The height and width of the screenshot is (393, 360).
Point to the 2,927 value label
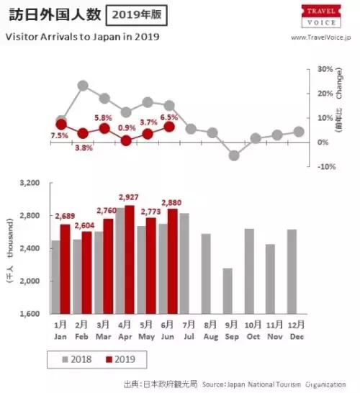click(128, 196)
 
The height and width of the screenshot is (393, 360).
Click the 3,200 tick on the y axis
click(29, 184)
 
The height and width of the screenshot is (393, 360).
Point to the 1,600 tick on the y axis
click(29, 315)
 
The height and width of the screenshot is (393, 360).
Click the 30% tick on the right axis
click(324, 69)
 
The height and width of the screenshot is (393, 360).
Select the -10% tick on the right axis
click(325, 166)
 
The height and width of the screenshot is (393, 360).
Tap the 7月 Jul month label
click(190, 332)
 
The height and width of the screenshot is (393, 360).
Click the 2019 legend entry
click(120, 358)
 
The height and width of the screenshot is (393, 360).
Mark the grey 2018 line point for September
click(233, 155)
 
